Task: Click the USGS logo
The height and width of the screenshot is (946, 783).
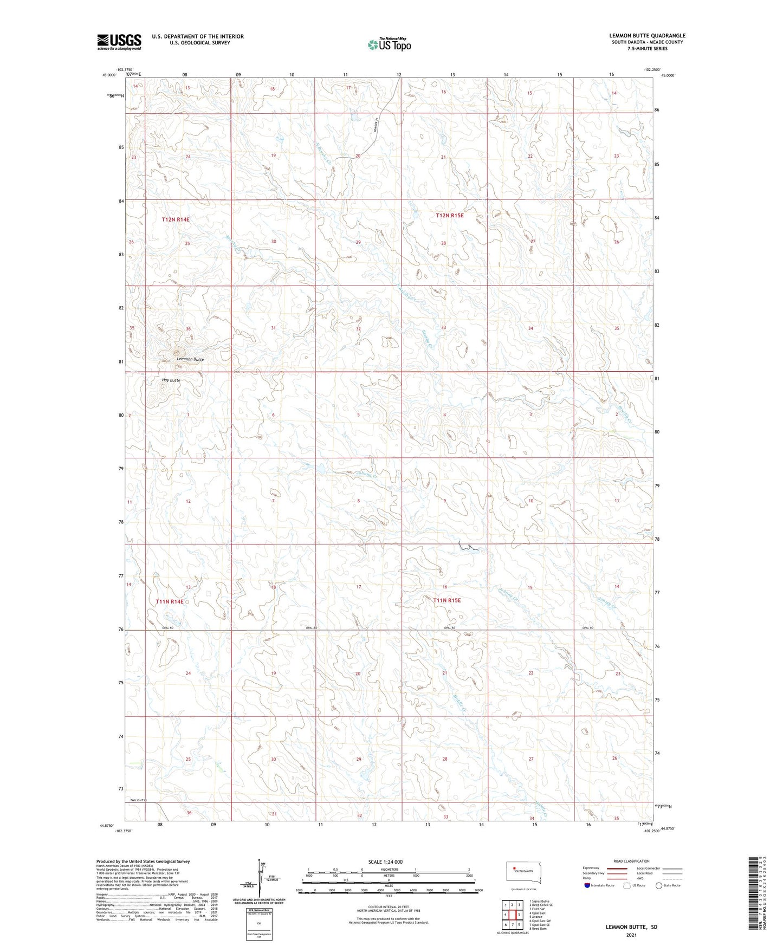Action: point(119,42)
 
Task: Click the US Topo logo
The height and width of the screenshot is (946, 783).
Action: point(389,44)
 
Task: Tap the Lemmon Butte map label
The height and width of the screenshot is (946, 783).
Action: point(190,359)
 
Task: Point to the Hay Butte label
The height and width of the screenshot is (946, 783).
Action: point(171,380)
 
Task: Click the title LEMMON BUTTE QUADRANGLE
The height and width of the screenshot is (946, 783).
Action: point(647,36)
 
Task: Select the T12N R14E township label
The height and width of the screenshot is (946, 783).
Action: point(176,219)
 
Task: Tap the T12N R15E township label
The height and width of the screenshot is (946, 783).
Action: point(450,216)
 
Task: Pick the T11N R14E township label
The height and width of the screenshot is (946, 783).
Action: point(170,601)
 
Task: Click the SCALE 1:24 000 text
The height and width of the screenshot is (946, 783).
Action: point(385,861)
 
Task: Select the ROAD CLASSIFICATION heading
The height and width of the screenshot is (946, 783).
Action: point(631,861)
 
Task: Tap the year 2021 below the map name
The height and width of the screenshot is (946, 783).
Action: point(631,935)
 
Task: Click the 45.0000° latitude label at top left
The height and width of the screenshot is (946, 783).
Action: point(109,75)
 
